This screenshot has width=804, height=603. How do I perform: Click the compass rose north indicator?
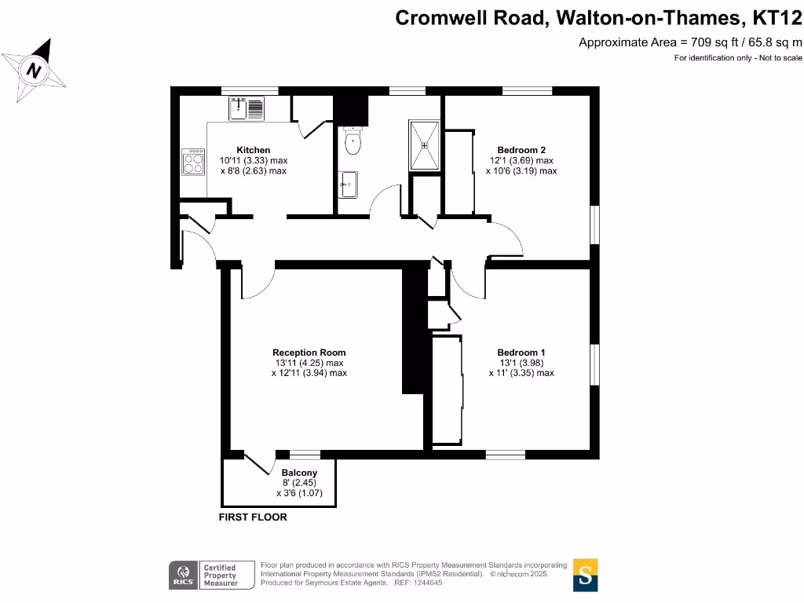[x=35, y=70]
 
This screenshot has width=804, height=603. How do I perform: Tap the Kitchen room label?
[x=254, y=150]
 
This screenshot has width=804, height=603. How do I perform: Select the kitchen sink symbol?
[x=248, y=108]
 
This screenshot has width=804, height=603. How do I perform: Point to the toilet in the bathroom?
[x=353, y=142]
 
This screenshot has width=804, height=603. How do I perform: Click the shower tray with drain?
[x=424, y=144]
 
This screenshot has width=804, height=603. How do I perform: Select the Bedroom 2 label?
[x=521, y=150]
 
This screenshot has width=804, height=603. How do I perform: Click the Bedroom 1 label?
[x=521, y=353]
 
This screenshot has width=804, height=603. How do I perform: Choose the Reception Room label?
[x=309, y=353]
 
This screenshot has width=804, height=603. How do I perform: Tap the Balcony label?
[x=298, y=473]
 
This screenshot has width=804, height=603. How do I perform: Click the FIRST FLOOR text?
[x=253, y=517]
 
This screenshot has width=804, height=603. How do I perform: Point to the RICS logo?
[x=184, y=575]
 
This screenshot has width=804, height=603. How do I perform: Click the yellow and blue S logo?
[x=585, y=574]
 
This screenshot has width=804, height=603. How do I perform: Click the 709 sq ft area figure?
[x=703, y=42]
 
